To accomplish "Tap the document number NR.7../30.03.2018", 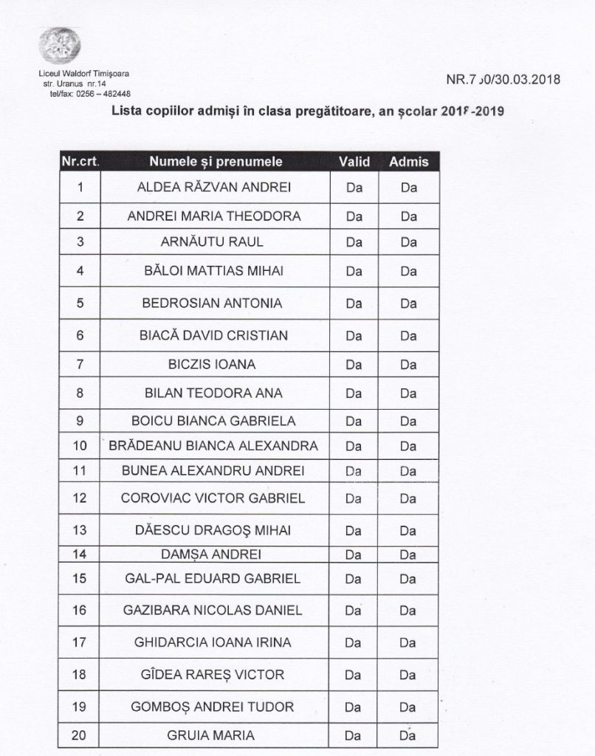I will pyautogui.click(x=503, y=80).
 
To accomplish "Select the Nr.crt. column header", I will pyautogui.click(x=80, y=161).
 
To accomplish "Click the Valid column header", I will pyautogui.click(x=354, y=161).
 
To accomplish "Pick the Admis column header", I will pyautogui.click(x=409, y=161).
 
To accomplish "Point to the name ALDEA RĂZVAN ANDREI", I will pyautogui.click(x=213, y=188).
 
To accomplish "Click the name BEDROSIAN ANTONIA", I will pyautogui.click(x=213, y=303).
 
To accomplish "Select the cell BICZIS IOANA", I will pyautogui.click(x=213, y=363).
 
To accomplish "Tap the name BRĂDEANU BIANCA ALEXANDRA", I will pyautogui.click(x=213, y=446).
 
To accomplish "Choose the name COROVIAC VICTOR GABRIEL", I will pyautogui.click(x=213, y=498).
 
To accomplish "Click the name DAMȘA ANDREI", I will pyautogui.click(x=213, y=554).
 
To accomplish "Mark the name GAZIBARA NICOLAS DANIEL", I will pyautogui.click(x=213, y=611).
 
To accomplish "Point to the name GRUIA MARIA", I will pyautogui.click(x=213, y=735).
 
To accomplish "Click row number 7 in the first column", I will pyautogui.click(x=80, y=363).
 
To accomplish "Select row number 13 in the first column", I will pyautogui.click(x=80, y=531).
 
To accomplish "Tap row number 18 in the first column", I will pyautogui.click(x=80, y=675).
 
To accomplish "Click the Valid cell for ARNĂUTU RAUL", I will pyautogui.click(x=354, y=241).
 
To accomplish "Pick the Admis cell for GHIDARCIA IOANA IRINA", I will pyautogui.click(x=409, y=642).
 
